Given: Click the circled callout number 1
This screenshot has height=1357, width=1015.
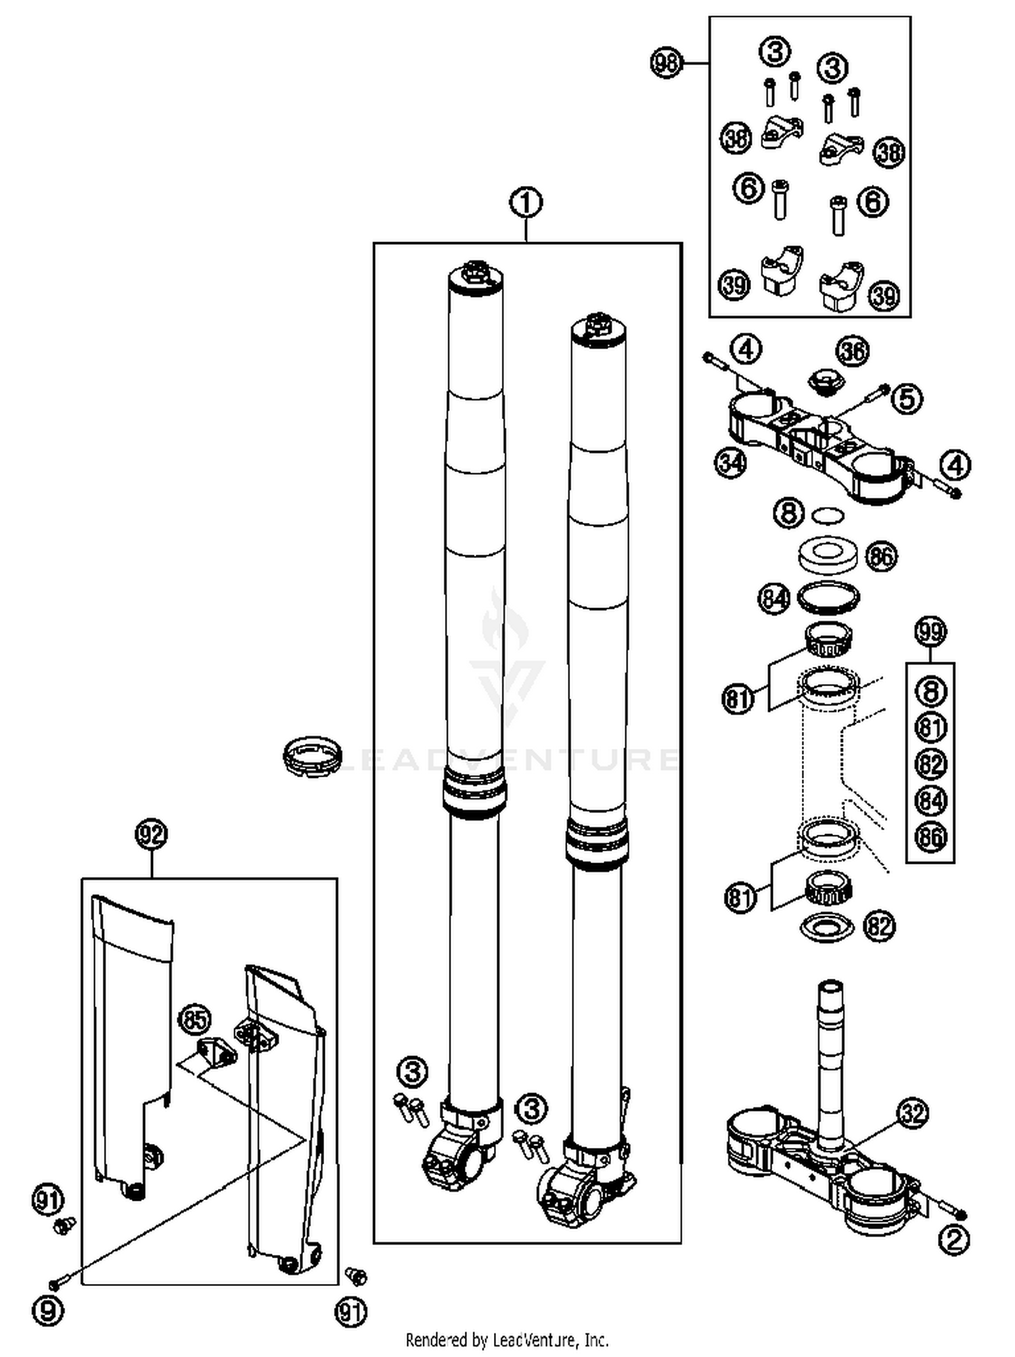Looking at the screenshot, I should coord(526,202).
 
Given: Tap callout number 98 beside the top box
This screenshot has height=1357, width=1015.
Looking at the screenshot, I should coord(667,63).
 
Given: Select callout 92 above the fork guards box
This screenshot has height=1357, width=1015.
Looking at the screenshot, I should coord(151,834).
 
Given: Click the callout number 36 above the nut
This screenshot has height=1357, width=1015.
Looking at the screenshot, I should coord(852,351).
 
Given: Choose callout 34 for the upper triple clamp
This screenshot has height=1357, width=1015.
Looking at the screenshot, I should coord(731,464).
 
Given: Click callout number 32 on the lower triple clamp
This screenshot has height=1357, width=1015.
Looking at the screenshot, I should coord(912,1113).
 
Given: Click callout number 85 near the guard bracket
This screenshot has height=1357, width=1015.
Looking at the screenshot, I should coord(194,1019).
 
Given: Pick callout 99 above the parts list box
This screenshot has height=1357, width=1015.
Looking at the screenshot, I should coord(930,632).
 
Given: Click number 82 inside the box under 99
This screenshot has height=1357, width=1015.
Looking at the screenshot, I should coord(930,764).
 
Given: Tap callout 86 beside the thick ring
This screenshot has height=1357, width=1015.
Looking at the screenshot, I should coord(881,557).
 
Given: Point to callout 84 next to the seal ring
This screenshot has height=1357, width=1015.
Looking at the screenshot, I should coord(773,599).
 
